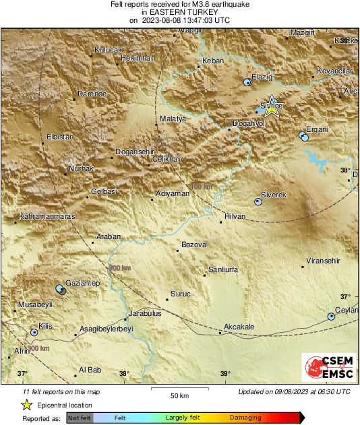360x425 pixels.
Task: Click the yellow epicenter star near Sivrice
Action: pos(272,110)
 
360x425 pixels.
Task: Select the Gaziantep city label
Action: pos(82,284)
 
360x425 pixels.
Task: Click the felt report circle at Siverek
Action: pos(258,201)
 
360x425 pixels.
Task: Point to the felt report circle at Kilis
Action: pos(34,331)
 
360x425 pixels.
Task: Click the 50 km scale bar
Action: pos(178,389)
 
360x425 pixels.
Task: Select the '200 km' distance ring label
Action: pos(119,268)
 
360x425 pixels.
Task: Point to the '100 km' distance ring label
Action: pos(202,187)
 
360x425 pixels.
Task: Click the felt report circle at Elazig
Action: pos(247,82)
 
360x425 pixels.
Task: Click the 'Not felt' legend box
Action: pos(80,418)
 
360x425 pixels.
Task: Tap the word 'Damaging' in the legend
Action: pos(245,418)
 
